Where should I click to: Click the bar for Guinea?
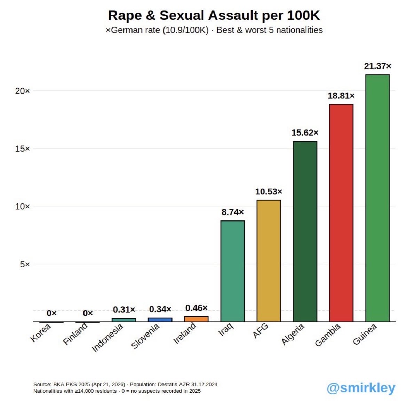pyautogui.click(x=377, y=198)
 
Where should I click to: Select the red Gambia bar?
pyautogui.click(x=341, y=213)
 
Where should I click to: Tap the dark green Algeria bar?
pyautogui.click(x=305, y=232)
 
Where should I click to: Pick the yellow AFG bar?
pyautogui.click(x=269, y=261)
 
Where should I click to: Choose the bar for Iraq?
pyautogui.click(x=233, y=271)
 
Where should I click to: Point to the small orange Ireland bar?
pyautogui.click(x=197, y=319)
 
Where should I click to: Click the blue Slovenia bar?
pyautogui.click(x=160, y=320)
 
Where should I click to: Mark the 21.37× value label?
pyautogui.click(x=377, y=66)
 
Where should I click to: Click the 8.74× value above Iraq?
pyautogui.click(x=233, y=212)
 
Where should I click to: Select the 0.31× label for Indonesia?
pyautogui.click(x=124, y=310)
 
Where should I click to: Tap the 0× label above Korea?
pyautogui.click(x=51, y=313)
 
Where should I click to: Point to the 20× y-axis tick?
pyautogui.click(x=23, y=91)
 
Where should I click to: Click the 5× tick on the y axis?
pyautogui.click(x=25, y=264)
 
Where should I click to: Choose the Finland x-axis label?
pyautogui.click(x=75, y=334)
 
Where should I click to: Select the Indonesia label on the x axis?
pyautogui.click(x=107, y=338)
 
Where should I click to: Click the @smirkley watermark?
pyautogui.click(x=361, y=388)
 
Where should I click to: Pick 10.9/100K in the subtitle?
pyautogui.click(x=185, y=30)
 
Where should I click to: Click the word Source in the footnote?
pyautogui.click(x=42, y=384)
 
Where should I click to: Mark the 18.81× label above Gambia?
pyautogui.click(x=341, y=96)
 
